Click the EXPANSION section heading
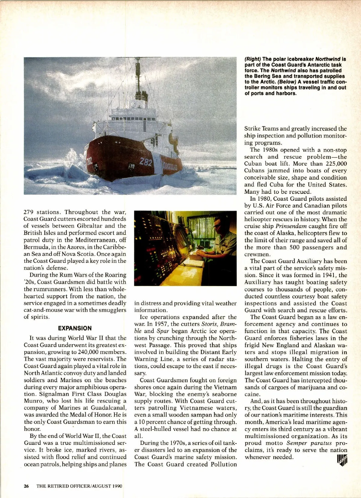[x=75, y=328]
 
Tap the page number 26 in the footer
[x=26, y=486]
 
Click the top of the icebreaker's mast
[x=138, y=59]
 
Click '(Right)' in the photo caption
[x=252, y=59]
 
